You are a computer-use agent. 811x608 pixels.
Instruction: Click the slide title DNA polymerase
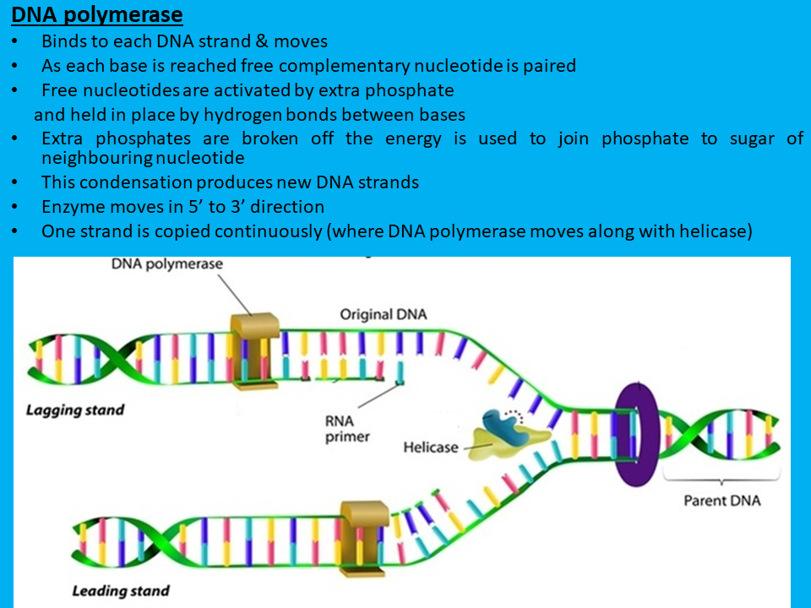coord(97,14)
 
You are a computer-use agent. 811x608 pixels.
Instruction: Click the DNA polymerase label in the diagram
coord(167,263)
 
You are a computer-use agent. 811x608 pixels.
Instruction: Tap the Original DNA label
coord(384,314)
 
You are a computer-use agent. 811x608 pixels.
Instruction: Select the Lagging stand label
coord(75,410)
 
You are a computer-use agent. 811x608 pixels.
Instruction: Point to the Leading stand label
coord(121,590)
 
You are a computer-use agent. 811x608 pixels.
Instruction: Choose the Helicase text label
coord(432,447)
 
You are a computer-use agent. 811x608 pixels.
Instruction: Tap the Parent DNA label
coord(721,501)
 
